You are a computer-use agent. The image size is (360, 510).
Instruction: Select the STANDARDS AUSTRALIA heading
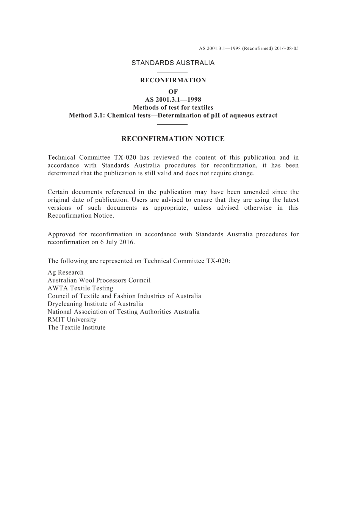[x=173, y=63]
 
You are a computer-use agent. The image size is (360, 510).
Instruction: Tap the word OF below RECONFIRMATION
[x=173, y=91]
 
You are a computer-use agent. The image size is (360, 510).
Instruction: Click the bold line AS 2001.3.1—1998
[x=173, y=100]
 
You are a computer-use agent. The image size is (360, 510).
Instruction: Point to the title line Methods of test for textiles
[x=173, y=108]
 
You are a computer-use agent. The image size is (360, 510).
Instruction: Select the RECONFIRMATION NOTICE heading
[x=173, y=139]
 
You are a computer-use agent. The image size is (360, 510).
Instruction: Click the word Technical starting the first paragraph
[x=61, y=158]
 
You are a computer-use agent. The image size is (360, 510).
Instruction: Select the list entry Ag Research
[x=66, y=273]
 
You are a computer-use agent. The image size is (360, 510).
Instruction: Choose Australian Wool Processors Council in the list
[x=99, y=281]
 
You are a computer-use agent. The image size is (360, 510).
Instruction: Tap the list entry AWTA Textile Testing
[x=80, y=288]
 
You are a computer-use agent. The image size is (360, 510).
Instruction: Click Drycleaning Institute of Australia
[x=95, y=304]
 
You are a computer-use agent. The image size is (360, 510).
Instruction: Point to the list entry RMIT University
[x=72, y=320]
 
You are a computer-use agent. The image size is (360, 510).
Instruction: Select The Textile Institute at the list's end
[x=77, y=328]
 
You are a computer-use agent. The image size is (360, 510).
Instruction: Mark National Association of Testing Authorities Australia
[x=124, y=312]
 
